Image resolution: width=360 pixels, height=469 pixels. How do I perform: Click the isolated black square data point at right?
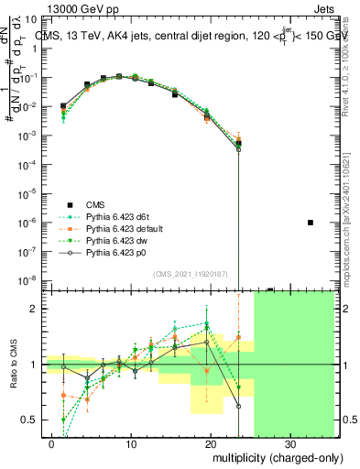(311, 223)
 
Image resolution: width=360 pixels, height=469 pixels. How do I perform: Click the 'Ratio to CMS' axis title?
(13, 365)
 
